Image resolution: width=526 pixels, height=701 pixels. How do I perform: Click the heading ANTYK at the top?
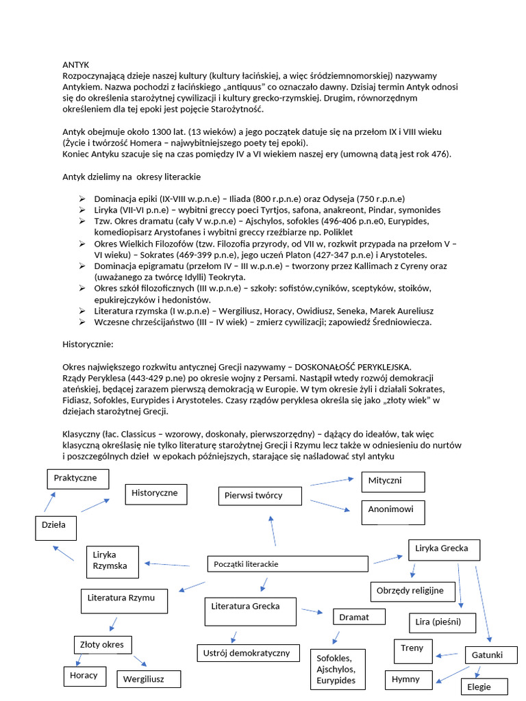76,64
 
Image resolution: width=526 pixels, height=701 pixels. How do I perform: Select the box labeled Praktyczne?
77,479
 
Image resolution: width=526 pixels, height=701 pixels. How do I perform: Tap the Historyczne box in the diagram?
156,494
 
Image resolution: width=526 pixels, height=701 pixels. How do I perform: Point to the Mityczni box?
392,481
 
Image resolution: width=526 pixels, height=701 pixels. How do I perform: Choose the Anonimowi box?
392,511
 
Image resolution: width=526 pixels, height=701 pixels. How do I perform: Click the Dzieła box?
55,527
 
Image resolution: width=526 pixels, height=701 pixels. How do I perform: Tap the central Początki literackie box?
288,564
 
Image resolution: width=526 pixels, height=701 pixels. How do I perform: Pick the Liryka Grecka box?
444,550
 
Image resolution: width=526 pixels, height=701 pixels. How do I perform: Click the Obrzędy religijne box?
411,591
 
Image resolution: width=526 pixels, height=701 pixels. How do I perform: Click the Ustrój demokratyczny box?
248,653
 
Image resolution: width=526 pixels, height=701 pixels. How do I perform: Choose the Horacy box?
84,676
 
